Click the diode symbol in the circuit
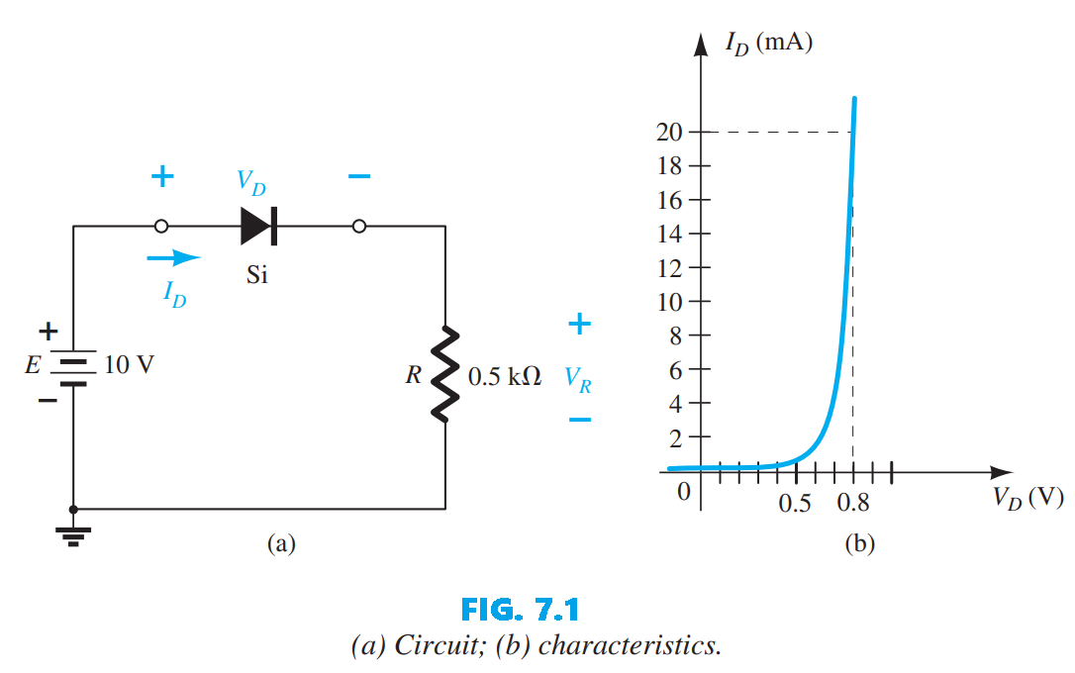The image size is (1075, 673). click(x=258, y=227)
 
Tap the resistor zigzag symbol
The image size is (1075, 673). click(x=445, y=373)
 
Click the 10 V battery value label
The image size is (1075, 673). click(x=129, y=365)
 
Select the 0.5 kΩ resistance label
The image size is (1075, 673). click(x=504, y=378)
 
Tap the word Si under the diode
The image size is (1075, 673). click(x=256, y=275)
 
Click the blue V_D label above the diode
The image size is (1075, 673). click(x=250, y=182)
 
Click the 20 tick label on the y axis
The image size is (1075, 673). click(x=669, y=133)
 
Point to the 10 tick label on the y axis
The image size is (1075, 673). click(x=669, y=301)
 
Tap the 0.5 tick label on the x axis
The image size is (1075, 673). click(x=795, y=504)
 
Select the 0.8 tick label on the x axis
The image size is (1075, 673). click(x=852, y=504)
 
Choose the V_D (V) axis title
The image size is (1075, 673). click(x=1028, y=498)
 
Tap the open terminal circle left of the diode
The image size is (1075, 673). click(x=161, y=227)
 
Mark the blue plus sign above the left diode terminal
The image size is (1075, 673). click(x=161, y=178)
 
